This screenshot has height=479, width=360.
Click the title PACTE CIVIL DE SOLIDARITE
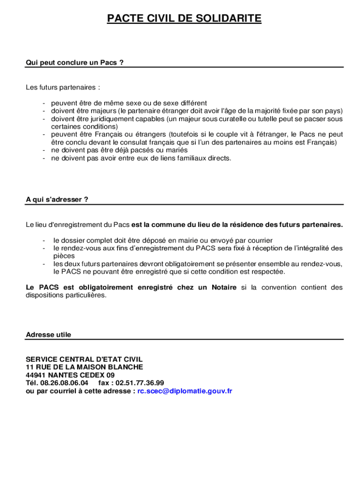pyautogui.click(x=184, y=19)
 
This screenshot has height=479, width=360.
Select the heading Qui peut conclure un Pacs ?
pyautogui.click(x=75, y=62)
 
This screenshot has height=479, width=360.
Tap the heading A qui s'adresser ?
pyautogui.click(x=57, y=199)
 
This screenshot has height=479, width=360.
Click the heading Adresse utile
pyautogui.click(x=49, y=334)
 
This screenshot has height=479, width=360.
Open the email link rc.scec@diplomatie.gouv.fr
pyautogui.click(x=185, y=391)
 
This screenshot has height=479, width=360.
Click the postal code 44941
pyautogui.click(x=36, y=375)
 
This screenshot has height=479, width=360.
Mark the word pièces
pyautogui.click(x=64, y=256)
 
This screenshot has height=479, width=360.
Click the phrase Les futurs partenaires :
pyautogui.click(x=63, y=87)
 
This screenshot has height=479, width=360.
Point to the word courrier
pyautogui.click(x=258, y=240)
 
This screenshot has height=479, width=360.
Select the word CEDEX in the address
pyautogui.click(x=92, y=375)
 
